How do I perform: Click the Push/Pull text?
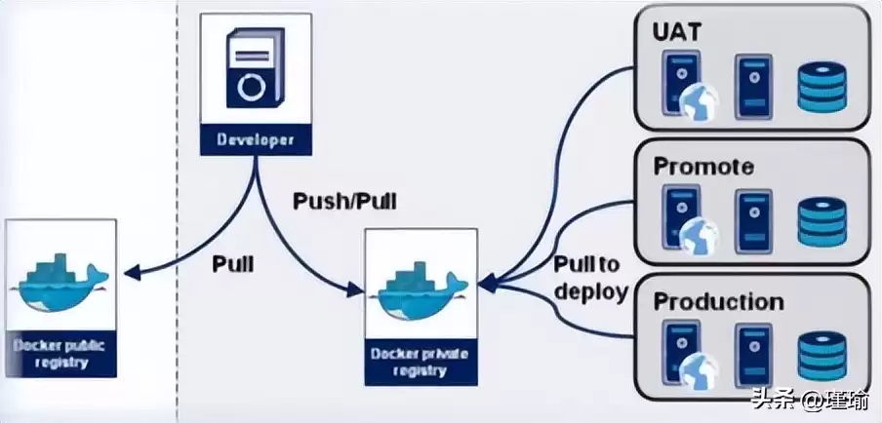coord(345,203)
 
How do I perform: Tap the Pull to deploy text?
coord(589,278)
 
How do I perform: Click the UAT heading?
coord(676,31)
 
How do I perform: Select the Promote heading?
coord(702,166)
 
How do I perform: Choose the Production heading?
coord(718,300)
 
